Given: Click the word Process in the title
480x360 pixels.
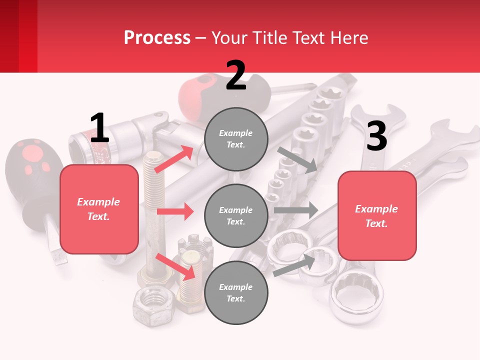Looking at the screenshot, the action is [157, 37].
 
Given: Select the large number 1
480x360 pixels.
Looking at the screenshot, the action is [99, 127].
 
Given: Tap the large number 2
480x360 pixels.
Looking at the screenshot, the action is [235, 75].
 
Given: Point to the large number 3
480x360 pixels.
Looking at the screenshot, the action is [377, 135].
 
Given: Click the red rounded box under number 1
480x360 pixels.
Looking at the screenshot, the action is [99, 209].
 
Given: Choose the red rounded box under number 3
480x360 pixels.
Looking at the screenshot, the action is [377, 216].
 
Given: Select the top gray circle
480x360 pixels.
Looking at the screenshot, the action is [236, 139].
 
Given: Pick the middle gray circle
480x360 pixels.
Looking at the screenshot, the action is [236, 216].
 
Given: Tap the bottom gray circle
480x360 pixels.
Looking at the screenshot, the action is [236, 292].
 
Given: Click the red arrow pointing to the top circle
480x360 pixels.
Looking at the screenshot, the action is [174, 159].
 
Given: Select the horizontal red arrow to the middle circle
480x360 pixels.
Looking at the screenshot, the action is [175, 211].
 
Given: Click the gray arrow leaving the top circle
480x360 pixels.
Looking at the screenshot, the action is [297, 160].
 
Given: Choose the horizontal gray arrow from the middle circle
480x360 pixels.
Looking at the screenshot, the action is [296, 210].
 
